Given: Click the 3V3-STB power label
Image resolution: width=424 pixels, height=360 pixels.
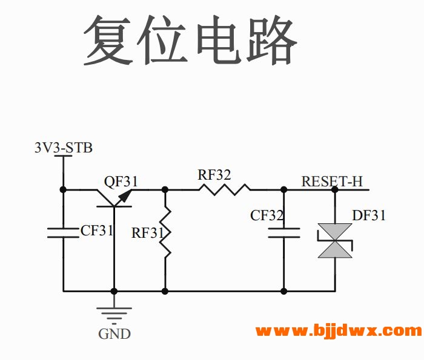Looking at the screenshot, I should [x=64, y=148].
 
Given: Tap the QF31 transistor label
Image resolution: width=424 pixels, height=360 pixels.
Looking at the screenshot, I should [x=121, y=181].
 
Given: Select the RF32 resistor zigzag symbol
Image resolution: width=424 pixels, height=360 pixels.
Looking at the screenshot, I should [x=224, y=189].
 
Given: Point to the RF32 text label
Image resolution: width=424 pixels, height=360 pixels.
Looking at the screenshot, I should [x=214, y=175].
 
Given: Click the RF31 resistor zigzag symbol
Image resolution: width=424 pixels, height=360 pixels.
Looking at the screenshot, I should [x=165, y=233].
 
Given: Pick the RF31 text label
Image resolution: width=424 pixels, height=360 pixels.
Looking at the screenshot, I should [x=147, y=233].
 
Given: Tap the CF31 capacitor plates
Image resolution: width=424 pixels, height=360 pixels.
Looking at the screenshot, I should [x=63, y=233].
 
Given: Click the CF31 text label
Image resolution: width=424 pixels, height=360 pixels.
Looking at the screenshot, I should [x=97, y=231].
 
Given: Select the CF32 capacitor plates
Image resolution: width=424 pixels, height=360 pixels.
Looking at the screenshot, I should [x=283, y=232].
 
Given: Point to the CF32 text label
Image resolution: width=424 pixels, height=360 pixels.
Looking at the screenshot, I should [x=268, y=215].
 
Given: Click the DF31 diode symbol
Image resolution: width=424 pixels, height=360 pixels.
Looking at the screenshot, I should [x=335, y=240].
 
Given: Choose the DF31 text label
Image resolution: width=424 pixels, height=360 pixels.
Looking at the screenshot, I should [x=368, y=215].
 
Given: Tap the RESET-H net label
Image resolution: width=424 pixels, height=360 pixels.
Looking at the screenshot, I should [x=331, y=181].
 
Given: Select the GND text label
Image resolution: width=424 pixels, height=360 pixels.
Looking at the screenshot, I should [x=114, y=333].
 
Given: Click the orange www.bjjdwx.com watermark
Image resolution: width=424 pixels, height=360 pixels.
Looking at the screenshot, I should [x=338, y=331].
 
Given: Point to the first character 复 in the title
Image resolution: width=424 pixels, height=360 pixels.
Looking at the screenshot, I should [x=109, y=40].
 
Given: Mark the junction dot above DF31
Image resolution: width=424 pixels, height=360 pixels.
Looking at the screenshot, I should [x=335, y=189].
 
